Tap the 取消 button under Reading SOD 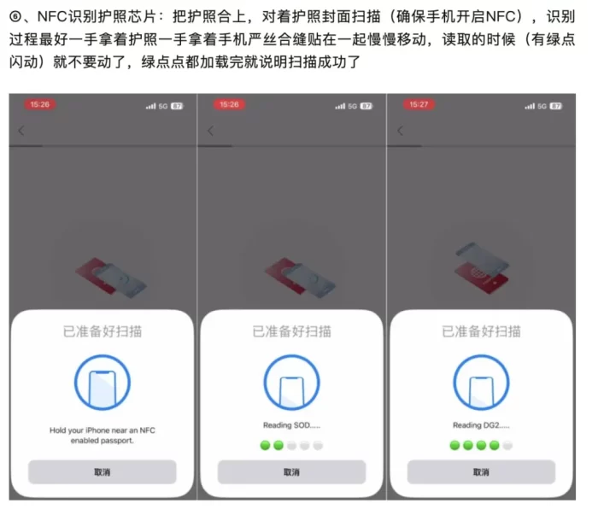292,472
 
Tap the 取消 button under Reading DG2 481,472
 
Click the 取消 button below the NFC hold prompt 103,472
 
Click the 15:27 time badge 419,104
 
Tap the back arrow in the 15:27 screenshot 400,131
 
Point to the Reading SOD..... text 292,425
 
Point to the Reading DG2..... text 481,425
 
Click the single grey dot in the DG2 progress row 507,445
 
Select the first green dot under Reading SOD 266,445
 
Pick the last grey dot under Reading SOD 318,445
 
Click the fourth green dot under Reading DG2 495,445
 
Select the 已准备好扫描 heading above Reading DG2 481,331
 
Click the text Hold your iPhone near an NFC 103,430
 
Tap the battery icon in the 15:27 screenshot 555,106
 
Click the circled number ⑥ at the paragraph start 15,17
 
